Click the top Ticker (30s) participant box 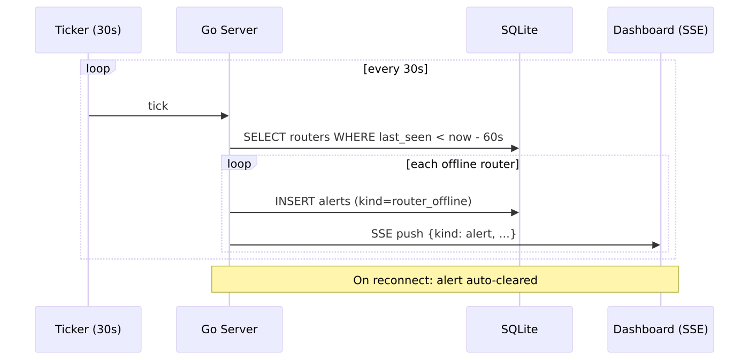88,30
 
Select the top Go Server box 230,30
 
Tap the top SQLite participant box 519,30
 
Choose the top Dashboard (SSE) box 661,30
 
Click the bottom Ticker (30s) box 88,330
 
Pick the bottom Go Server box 230,330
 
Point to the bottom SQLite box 519,330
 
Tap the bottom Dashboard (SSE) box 661,330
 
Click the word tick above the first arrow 158,106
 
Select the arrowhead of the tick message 225,116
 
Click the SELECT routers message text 373,137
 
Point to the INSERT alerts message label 373,202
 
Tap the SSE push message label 444,234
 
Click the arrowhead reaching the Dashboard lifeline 656,245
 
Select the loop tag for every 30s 98,67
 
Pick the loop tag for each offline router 239,163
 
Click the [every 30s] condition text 395,69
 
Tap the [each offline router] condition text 462,164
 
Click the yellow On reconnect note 445,279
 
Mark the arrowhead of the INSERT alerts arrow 515,212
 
